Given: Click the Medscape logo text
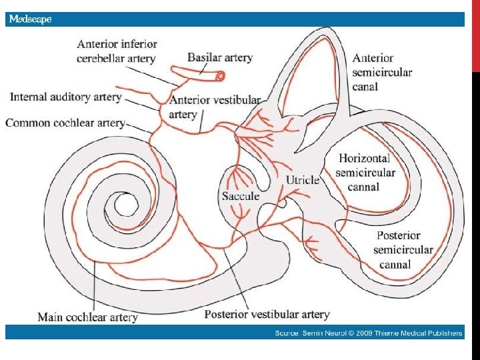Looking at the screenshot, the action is (29, 19).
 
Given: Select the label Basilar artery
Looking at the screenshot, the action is (220, 57).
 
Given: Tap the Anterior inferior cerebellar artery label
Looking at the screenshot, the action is (117, 51).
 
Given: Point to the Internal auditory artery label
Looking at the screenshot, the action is (65, 97).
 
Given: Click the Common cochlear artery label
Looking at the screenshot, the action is (65, 123).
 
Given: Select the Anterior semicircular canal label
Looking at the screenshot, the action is (383, 72).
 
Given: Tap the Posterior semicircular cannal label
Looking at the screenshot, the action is (403, 250).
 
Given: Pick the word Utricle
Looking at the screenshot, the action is (303, 180).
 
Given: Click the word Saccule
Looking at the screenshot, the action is (241, 196).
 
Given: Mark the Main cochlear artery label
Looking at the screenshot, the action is (87, 317).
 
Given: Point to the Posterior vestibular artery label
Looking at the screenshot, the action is (267, 314).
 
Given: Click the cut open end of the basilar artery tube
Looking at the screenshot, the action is (219, 77).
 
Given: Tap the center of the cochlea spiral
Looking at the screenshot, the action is (123, 205).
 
